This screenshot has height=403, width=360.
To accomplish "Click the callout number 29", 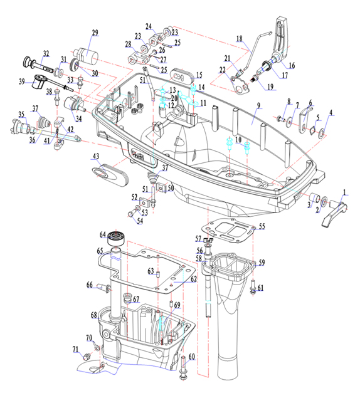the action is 95,33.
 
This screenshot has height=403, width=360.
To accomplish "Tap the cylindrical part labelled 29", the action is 86,56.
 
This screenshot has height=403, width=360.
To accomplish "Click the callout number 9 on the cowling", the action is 258,105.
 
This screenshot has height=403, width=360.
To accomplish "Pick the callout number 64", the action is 103,234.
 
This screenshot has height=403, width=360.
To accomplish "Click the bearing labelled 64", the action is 116,239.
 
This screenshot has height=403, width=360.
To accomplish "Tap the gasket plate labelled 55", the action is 226,230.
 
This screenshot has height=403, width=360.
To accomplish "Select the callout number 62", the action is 194,279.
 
